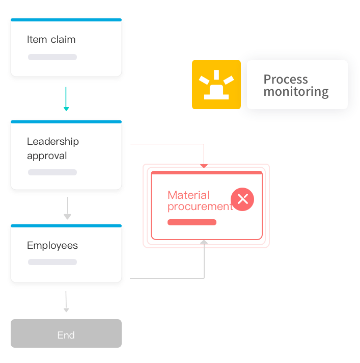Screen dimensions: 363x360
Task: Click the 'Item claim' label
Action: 51,40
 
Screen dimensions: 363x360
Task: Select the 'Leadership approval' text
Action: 52,148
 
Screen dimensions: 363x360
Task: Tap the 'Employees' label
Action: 52,246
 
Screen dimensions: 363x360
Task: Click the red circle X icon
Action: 242,199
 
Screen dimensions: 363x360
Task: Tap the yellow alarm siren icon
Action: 216,85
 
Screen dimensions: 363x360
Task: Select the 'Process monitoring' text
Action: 296,86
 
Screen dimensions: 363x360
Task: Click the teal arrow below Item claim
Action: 66,99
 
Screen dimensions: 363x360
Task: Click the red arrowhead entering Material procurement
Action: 204,165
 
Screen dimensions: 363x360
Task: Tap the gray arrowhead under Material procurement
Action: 204,243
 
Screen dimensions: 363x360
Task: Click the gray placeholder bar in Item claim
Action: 52,57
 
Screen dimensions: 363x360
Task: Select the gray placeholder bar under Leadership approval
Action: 52,172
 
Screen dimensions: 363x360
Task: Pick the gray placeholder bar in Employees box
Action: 52,262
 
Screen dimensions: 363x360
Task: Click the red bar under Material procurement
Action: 192,222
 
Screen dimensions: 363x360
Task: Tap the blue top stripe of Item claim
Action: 66,20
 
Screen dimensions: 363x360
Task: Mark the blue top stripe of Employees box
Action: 66,225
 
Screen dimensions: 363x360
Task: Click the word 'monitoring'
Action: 296,92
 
